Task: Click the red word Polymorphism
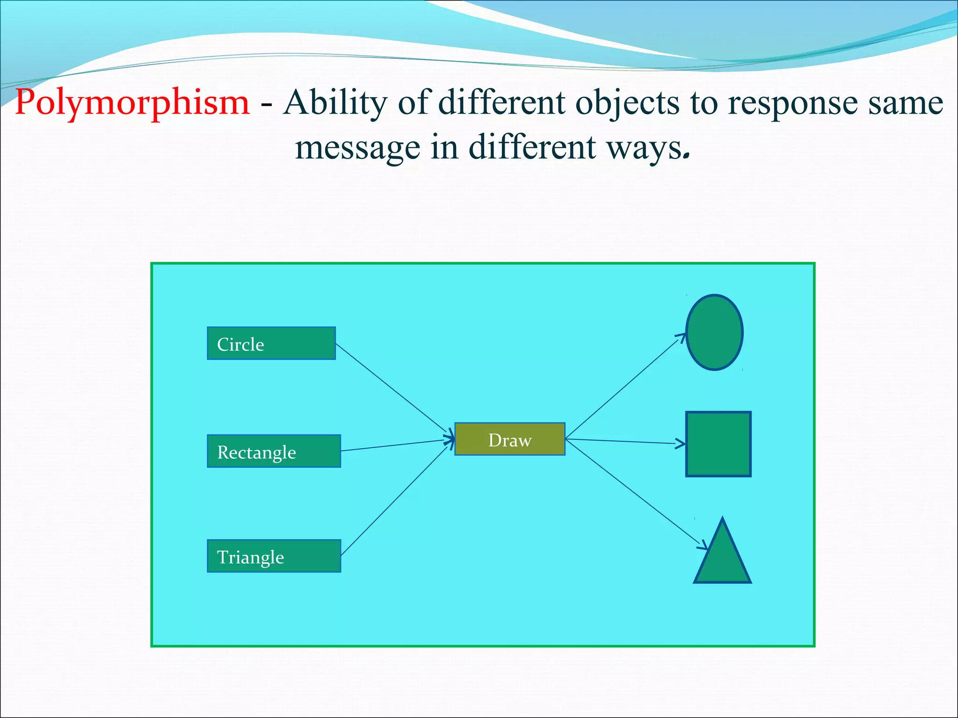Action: (x=132, y=103)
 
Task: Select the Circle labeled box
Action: (x=271, y=344)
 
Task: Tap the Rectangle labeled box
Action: (x=274, y=451)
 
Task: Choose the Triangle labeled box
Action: (x=274, y=556)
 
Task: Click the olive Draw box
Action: (x=510, y=439)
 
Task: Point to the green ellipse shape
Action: (x=714, y=332)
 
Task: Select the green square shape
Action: (x=718, y=444)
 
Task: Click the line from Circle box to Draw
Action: (x=393, y=388)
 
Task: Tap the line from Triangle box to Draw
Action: (x=395, y=501)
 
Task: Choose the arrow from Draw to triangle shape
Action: (x=636, y=493)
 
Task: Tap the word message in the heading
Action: (x=358, y=148)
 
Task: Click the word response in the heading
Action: (x=793, y=103)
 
